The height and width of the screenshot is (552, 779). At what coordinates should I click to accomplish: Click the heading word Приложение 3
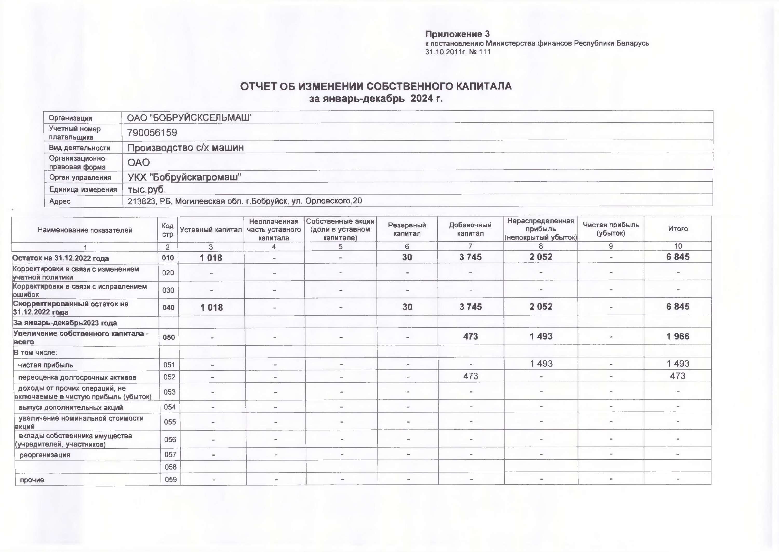coord(457,34)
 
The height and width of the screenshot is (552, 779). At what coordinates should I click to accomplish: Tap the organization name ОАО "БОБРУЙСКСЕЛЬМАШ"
coord(190,118)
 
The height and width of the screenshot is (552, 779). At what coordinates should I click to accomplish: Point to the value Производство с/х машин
coord(185,148)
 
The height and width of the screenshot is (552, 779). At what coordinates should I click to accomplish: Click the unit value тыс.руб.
coord(146,189)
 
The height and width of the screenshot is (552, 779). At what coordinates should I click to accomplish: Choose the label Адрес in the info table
coord(60,201)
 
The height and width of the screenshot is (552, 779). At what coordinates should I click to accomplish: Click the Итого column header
coord(678,229)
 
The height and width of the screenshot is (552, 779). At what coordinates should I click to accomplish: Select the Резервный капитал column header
coord(407,229)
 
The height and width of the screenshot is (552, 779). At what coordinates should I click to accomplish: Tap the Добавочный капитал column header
coord(470,229)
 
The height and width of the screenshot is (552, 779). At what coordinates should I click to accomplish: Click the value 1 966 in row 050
coord(678,336)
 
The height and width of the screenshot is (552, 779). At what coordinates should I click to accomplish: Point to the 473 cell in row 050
coord(470,336)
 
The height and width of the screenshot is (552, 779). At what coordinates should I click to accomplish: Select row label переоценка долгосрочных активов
coord(77,377)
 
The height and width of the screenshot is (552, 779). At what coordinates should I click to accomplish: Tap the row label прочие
coord(32,480)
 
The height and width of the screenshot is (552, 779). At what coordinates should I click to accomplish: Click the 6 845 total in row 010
coord(678,257)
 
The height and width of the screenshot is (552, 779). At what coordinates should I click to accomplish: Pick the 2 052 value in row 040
coord(541,307)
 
